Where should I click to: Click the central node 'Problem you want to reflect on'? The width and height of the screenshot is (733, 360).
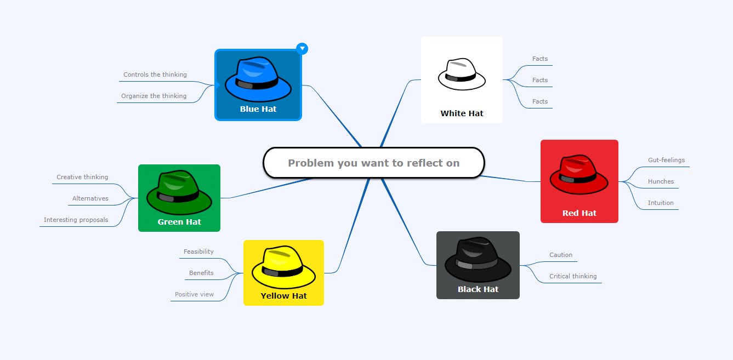(374, 163)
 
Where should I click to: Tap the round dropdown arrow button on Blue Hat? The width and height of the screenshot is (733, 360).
(302, 49)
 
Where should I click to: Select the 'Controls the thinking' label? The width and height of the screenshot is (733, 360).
(155, 75)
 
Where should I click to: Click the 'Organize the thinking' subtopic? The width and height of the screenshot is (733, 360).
(154, 96)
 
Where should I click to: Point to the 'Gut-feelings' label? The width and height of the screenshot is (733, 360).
(666, 160)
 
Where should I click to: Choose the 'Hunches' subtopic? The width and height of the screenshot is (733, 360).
(661, 181)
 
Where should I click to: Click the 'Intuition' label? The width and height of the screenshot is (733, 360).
(661, 203)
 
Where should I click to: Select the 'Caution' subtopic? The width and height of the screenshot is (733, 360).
(561, 255)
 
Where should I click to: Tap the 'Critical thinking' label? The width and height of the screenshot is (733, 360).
(573, 276)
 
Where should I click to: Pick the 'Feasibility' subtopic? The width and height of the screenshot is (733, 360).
(198, 252)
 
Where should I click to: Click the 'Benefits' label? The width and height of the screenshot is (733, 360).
(201, 273)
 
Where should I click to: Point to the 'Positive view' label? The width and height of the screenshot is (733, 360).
(194, 294)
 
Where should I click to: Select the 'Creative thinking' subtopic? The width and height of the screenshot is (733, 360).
(82, 177)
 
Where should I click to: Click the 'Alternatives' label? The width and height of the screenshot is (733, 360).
(90, 198)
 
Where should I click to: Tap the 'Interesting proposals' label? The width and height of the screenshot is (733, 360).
(76, 220)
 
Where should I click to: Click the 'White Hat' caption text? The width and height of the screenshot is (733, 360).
(462, 113)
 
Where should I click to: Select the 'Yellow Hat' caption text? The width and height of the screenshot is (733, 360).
(283, 296)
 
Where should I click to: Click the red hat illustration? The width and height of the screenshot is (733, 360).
(579, 174)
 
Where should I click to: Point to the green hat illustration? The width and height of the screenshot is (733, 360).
(179, 192)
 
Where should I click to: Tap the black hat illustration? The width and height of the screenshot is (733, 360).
(478, 260)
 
